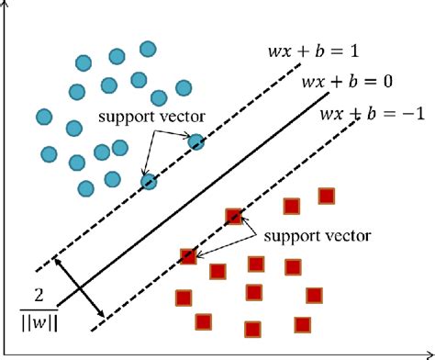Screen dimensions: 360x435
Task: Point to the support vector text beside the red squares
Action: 317,235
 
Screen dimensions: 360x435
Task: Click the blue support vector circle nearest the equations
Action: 196,141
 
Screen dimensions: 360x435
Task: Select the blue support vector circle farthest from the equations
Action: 149,182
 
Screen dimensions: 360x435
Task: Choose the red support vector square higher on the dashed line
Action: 234,217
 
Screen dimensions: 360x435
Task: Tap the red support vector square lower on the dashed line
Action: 189,256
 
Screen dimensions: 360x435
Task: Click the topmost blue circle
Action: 147,49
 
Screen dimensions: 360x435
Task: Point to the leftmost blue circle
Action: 44,117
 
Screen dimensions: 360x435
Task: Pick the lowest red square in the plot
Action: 251,330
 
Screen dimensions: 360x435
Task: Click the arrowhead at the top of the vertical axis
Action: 8,5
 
